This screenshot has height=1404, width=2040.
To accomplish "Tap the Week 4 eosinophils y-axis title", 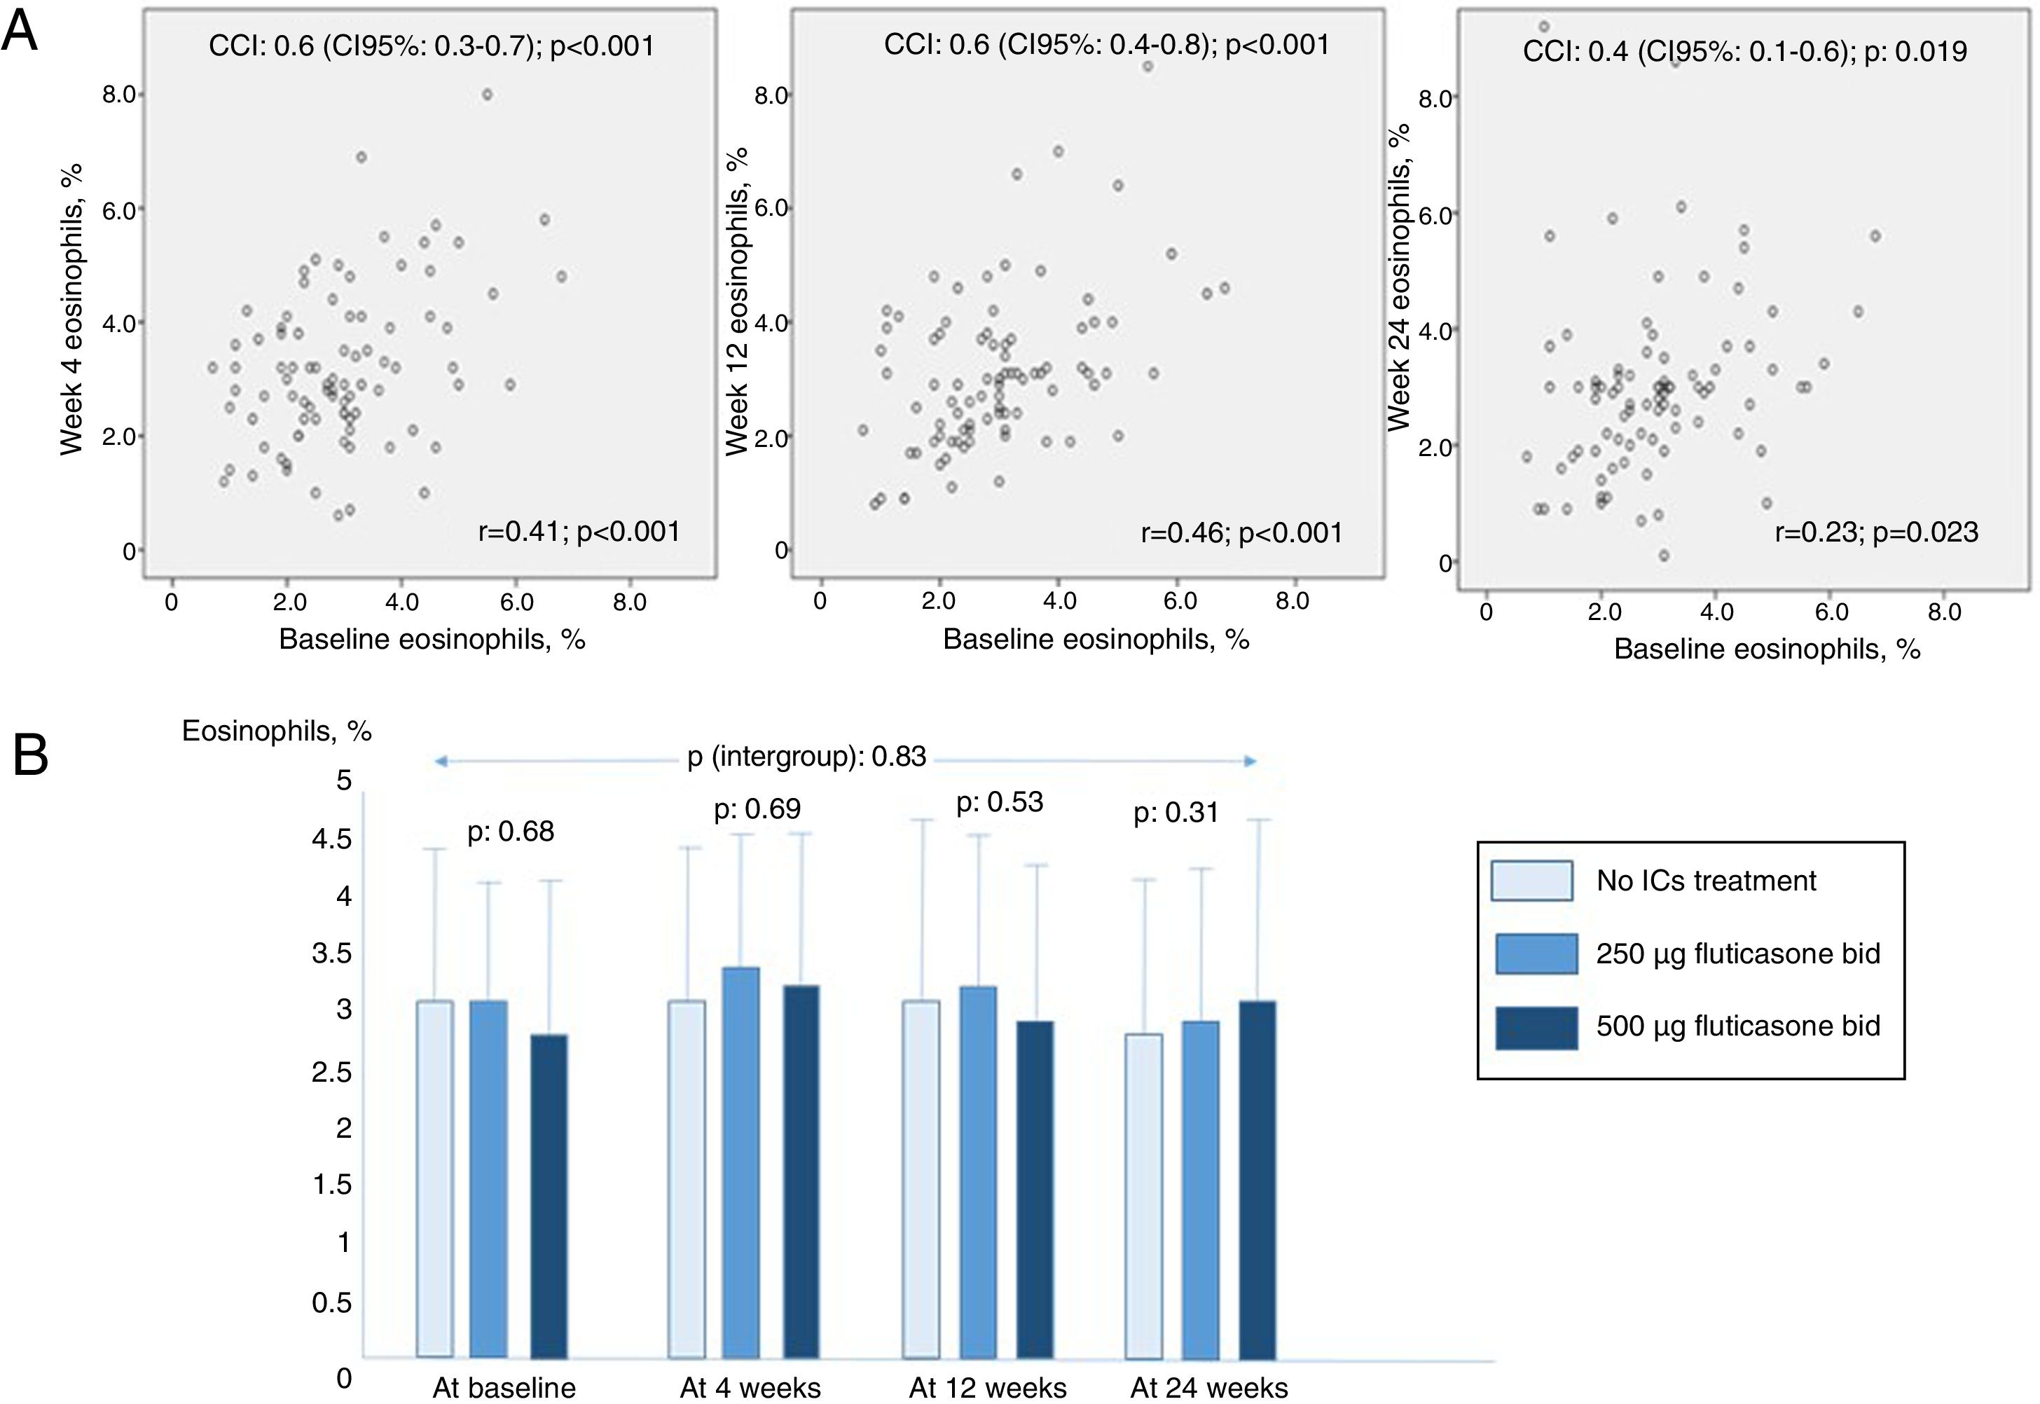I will (71, 309).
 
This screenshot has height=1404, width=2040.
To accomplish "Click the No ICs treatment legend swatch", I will (1531, 881).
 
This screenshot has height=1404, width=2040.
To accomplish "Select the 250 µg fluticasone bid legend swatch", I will (1535, 954).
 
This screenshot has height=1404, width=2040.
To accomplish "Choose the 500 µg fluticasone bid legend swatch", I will (1535, 1026).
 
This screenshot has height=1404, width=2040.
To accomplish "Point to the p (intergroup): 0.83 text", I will (806, 757).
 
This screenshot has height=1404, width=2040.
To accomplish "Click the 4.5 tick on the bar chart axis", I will (331, 839).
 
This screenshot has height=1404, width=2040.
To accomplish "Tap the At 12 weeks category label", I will (988, 1388).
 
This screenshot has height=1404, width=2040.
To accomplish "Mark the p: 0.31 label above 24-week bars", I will (1176, 812).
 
